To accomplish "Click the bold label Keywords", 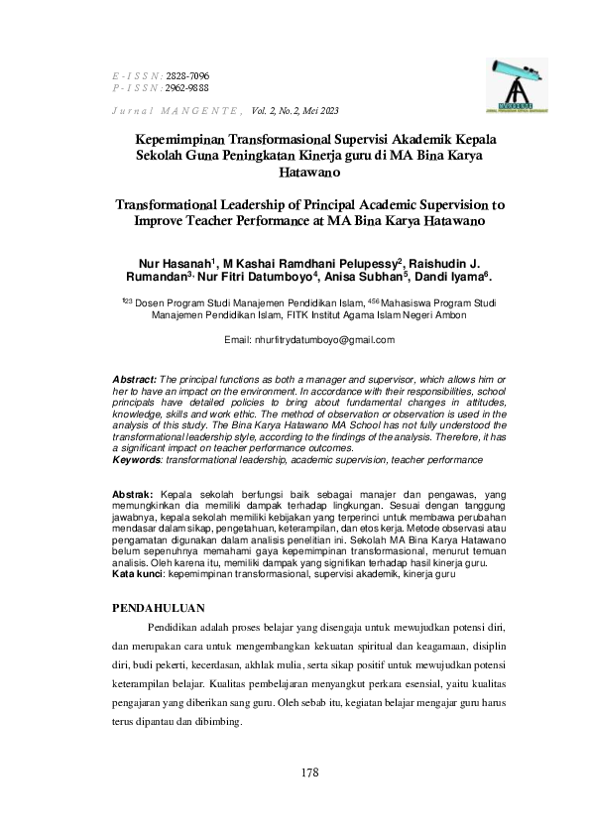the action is click(136, 459).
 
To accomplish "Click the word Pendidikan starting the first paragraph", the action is click(179, 629).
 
